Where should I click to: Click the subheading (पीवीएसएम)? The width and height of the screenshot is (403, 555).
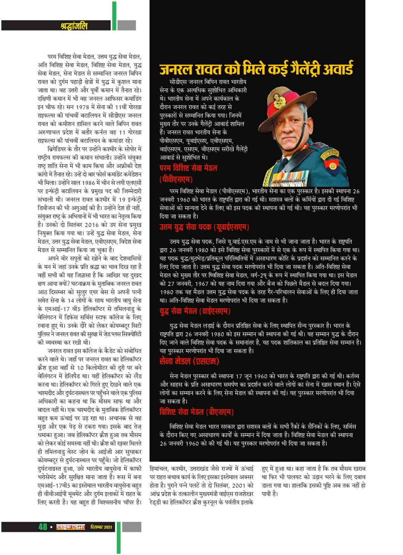176,179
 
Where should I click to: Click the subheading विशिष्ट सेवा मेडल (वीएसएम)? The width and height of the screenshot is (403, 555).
197,412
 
